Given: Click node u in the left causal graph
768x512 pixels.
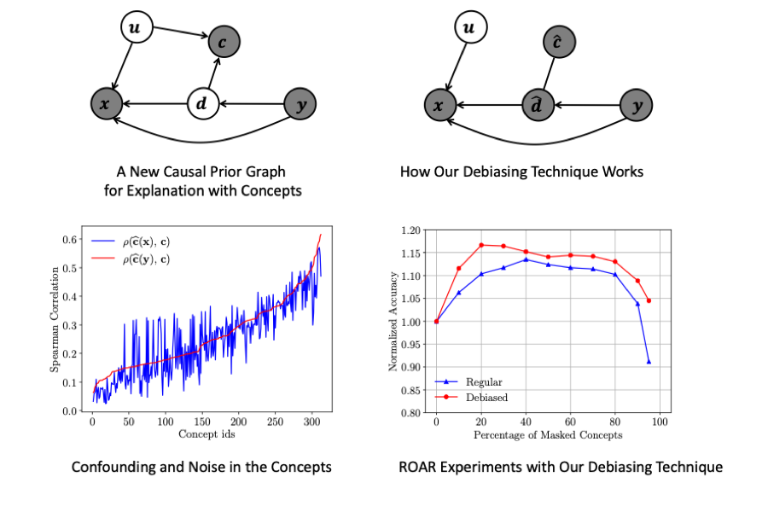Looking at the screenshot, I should click(135, 29).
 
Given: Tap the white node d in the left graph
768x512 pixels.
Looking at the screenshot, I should click(202, 105).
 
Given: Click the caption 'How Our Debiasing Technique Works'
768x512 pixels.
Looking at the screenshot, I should click(521, 172).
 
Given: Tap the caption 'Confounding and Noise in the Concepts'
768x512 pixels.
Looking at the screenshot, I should click(201, 467).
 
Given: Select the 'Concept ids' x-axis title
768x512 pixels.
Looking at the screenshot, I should click(207, 434).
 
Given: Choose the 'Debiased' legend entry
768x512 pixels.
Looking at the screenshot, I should click(487, 398).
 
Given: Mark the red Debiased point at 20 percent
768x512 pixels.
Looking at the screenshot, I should click(481, 245).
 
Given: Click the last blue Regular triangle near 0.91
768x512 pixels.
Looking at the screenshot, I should click(649, 362).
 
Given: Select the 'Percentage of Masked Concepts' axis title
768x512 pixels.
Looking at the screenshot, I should click(548, 434).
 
